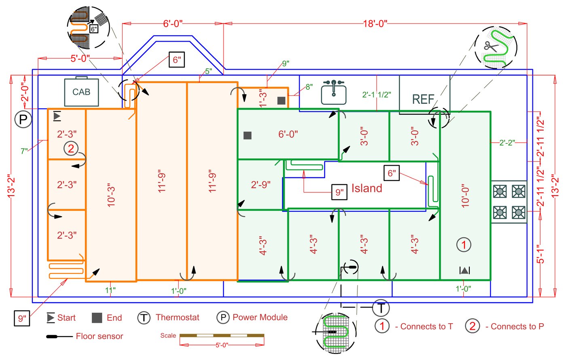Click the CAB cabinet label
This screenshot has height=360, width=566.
(x=81, y=92)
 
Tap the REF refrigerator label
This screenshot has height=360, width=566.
(x=423, y=99)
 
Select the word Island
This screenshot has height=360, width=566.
(x=367, y=188)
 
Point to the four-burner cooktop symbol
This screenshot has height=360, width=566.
(x=509, y=202)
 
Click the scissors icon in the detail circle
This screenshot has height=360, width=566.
(x=491, y=46)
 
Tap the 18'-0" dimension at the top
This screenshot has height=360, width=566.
(x=375, y=24)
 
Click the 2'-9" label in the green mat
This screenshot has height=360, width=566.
(x=260, y=185)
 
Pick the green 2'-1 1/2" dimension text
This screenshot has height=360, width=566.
(x=376, y=95)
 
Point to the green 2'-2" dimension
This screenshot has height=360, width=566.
(x=507, y=143)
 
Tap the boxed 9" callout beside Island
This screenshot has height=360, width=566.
(x=339, y=192)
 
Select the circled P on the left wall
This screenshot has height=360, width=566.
(x=23, y=119)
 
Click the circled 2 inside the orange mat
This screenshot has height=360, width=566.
(x=71, y=148)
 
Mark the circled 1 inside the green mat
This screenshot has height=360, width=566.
(x=464, y=244)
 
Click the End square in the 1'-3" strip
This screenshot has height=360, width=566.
(x=281, y=101)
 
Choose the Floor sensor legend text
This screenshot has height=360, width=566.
(x=99, y=336)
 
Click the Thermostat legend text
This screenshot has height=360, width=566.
(x=177, y=317)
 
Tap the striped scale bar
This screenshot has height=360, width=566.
(x=222, y=335)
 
